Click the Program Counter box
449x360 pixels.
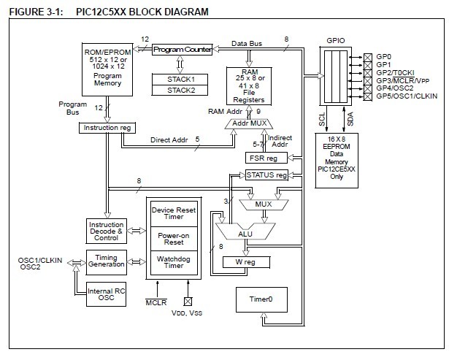[182, 50]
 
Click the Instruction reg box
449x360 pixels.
[107, 128]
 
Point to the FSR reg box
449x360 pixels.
[261, 157]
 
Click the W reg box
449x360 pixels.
[248, 261]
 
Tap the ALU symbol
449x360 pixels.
[247, 234]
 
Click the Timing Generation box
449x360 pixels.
[105, 261]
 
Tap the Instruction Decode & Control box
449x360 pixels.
[105, 230]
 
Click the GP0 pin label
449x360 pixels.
[384, 56]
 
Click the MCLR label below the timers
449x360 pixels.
[156, 302]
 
